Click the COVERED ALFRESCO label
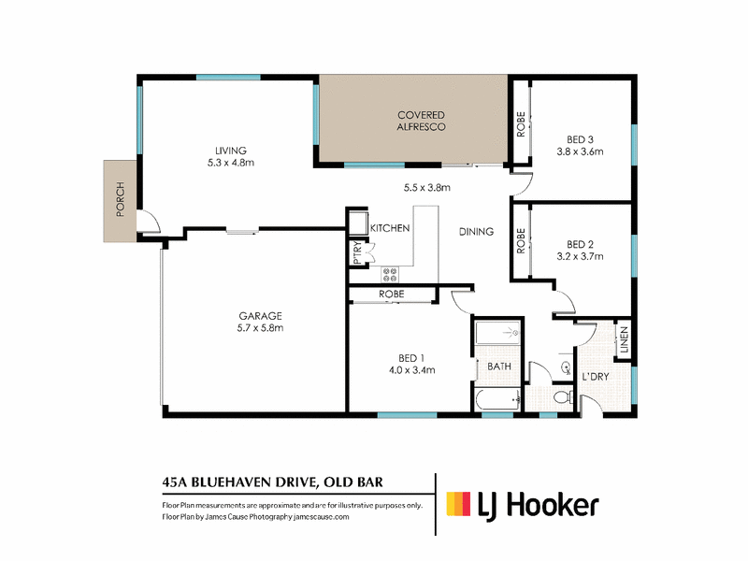point(422,121)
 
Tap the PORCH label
point(121,199)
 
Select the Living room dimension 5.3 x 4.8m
point(231,163)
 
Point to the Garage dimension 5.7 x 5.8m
point(261,328)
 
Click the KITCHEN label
point(390,228)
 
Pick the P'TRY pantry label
point(358,252)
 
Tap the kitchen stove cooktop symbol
point(390,274)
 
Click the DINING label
point(476,232)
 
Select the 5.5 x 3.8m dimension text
point(427,188)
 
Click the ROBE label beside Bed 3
point(521,124)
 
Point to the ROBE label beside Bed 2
point(521,240)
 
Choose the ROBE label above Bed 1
point(392,295)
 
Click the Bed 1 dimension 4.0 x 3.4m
point(411,369)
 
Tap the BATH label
point(499,367)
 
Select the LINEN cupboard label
point(625,340)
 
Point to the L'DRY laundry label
point(596,377)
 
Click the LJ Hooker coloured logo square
point(458,504)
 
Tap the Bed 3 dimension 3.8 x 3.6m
point(580,151)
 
